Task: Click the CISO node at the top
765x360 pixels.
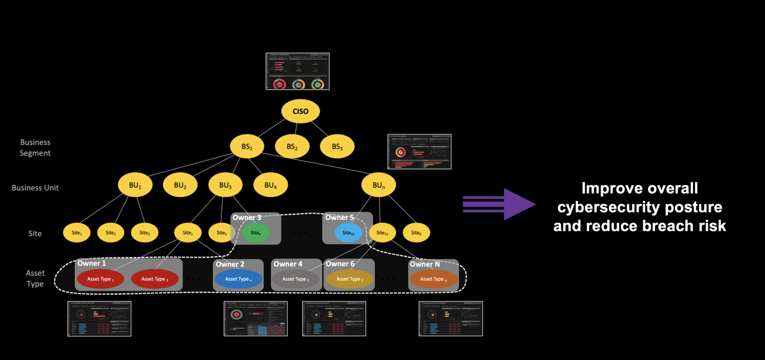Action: click(x=300, y=112)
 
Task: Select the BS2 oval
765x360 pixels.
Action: click(x=292, y=147)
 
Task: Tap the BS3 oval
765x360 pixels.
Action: click(x=337, y=147)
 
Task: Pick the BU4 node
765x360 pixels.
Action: click(x=270, y=185)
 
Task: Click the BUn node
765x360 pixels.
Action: click(x=378, y=185)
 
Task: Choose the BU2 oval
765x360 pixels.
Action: click(x=180, y=185)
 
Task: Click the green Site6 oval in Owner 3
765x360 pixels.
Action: click(x=256, y=233)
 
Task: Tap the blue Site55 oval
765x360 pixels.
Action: click(x=348, y=233)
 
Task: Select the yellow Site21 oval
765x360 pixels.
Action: click(x=382, y=233)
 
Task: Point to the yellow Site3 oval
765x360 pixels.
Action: click(x=144, y=233)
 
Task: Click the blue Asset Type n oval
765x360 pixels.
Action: click(x=238, y=279)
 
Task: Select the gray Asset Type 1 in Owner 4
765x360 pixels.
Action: click(x=295, y=279)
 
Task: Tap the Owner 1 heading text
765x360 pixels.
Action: click(x=92, y=263)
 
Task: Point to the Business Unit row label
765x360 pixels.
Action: click(x=35, y=188)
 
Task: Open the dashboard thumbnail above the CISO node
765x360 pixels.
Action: click(x=297, y=71)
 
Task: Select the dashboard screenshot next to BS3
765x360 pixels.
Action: click(x=419, y=151)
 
